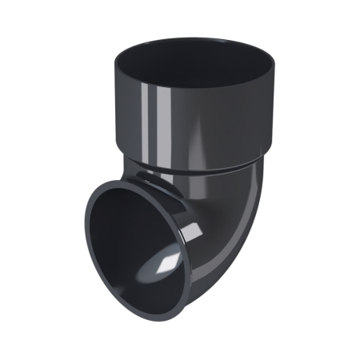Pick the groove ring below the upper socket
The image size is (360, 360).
(x=192, y=174)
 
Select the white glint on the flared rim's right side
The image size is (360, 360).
(x=190, y=232)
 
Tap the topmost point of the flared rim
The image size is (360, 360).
(x=120, y=182)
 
